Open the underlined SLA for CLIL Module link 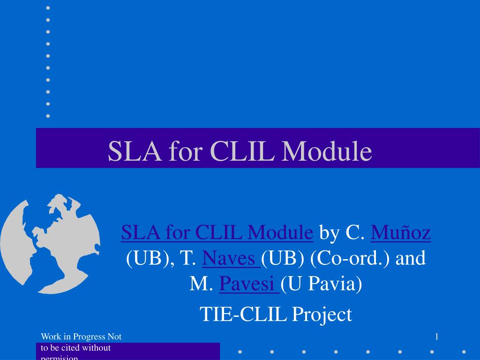click(217, 232)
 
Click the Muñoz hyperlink click(400, 232)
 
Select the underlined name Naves click(232, 258)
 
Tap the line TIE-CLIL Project click(276, 314)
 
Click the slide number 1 click(436, 336)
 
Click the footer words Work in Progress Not click(81, 336)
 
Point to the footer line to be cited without click(75, 348)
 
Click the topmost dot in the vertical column click(48, 8)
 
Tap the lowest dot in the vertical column click(48, 115)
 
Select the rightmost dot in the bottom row click(464, 352)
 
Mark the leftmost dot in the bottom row click(240, 352)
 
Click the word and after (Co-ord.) click(411, 258)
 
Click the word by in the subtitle click(330, 232)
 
